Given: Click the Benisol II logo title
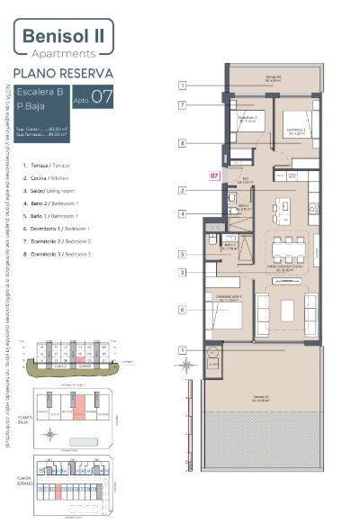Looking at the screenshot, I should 63,37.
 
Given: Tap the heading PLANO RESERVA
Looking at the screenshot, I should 63,73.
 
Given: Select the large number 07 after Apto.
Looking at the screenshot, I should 102,97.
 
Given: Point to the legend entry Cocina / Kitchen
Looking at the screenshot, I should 52,178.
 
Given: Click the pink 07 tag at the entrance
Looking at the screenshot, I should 214,175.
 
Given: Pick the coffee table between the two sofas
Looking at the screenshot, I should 287,311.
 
